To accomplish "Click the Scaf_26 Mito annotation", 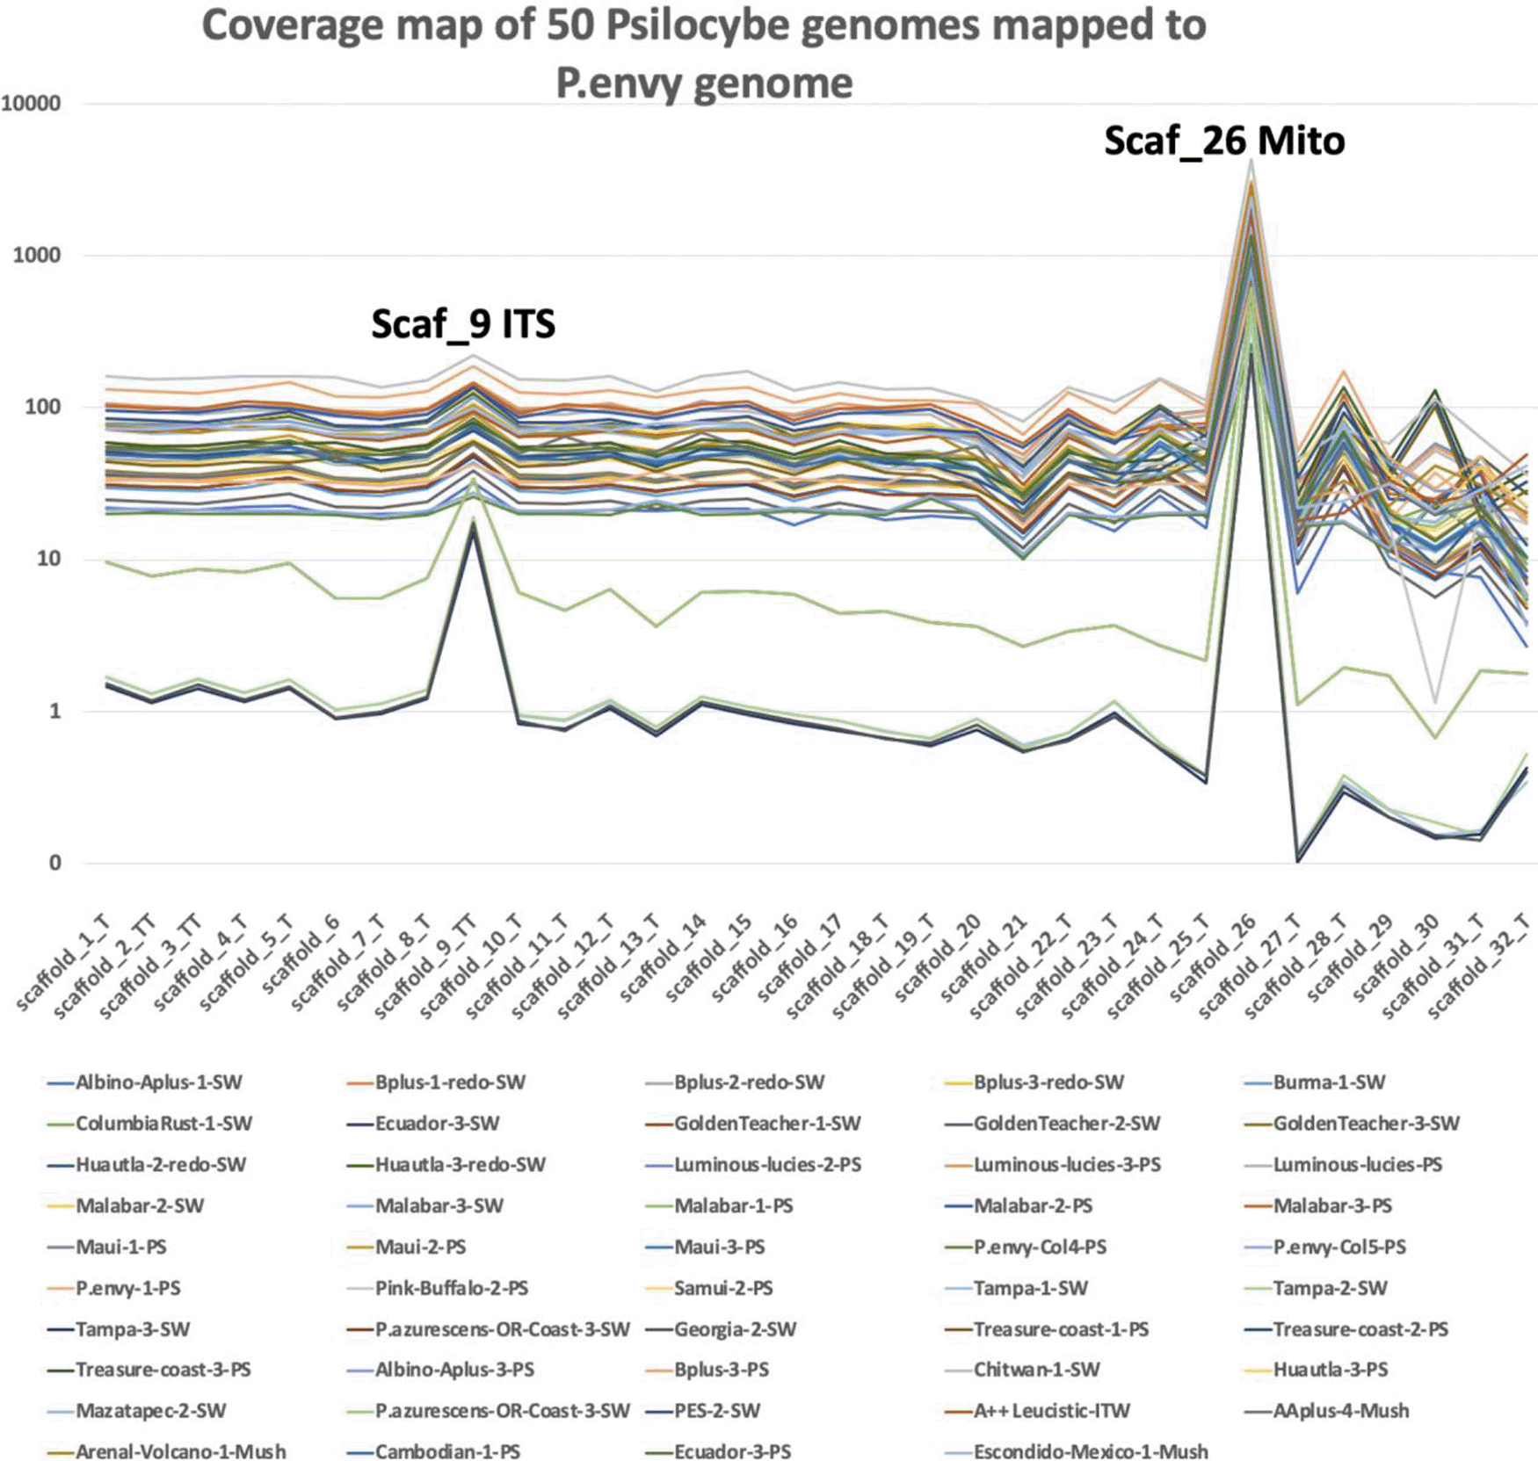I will pyautogui.click(x=1224, y=141).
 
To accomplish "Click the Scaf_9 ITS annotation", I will pyautogui.click(x=463, y=324).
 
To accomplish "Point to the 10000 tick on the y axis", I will pyautogui.click(x=32, y=104).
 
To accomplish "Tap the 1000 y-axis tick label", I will pyautogui.click(x=36, y=256).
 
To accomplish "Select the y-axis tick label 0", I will pyautogui.click(x=54, y=863).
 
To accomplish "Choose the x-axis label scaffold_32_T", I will pyautogui.click(x=1480, y=966).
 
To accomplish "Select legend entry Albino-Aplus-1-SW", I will pyautogui.click(x=158, y=1082).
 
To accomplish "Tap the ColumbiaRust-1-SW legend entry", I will pyautogui.click(x=163, y=1124).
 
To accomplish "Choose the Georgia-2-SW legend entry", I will pyautogui.click(x=735, y=1329).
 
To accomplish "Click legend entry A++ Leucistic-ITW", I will pyautogui.click(x=1051, y=1411).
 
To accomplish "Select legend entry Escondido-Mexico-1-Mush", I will pyautogui.click(x=1091, y=1451).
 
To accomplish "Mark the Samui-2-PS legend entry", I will pyautogui.click(x=723, y=1288).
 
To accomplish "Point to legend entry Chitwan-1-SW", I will pyautogui.click(x=1036, y=1370).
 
